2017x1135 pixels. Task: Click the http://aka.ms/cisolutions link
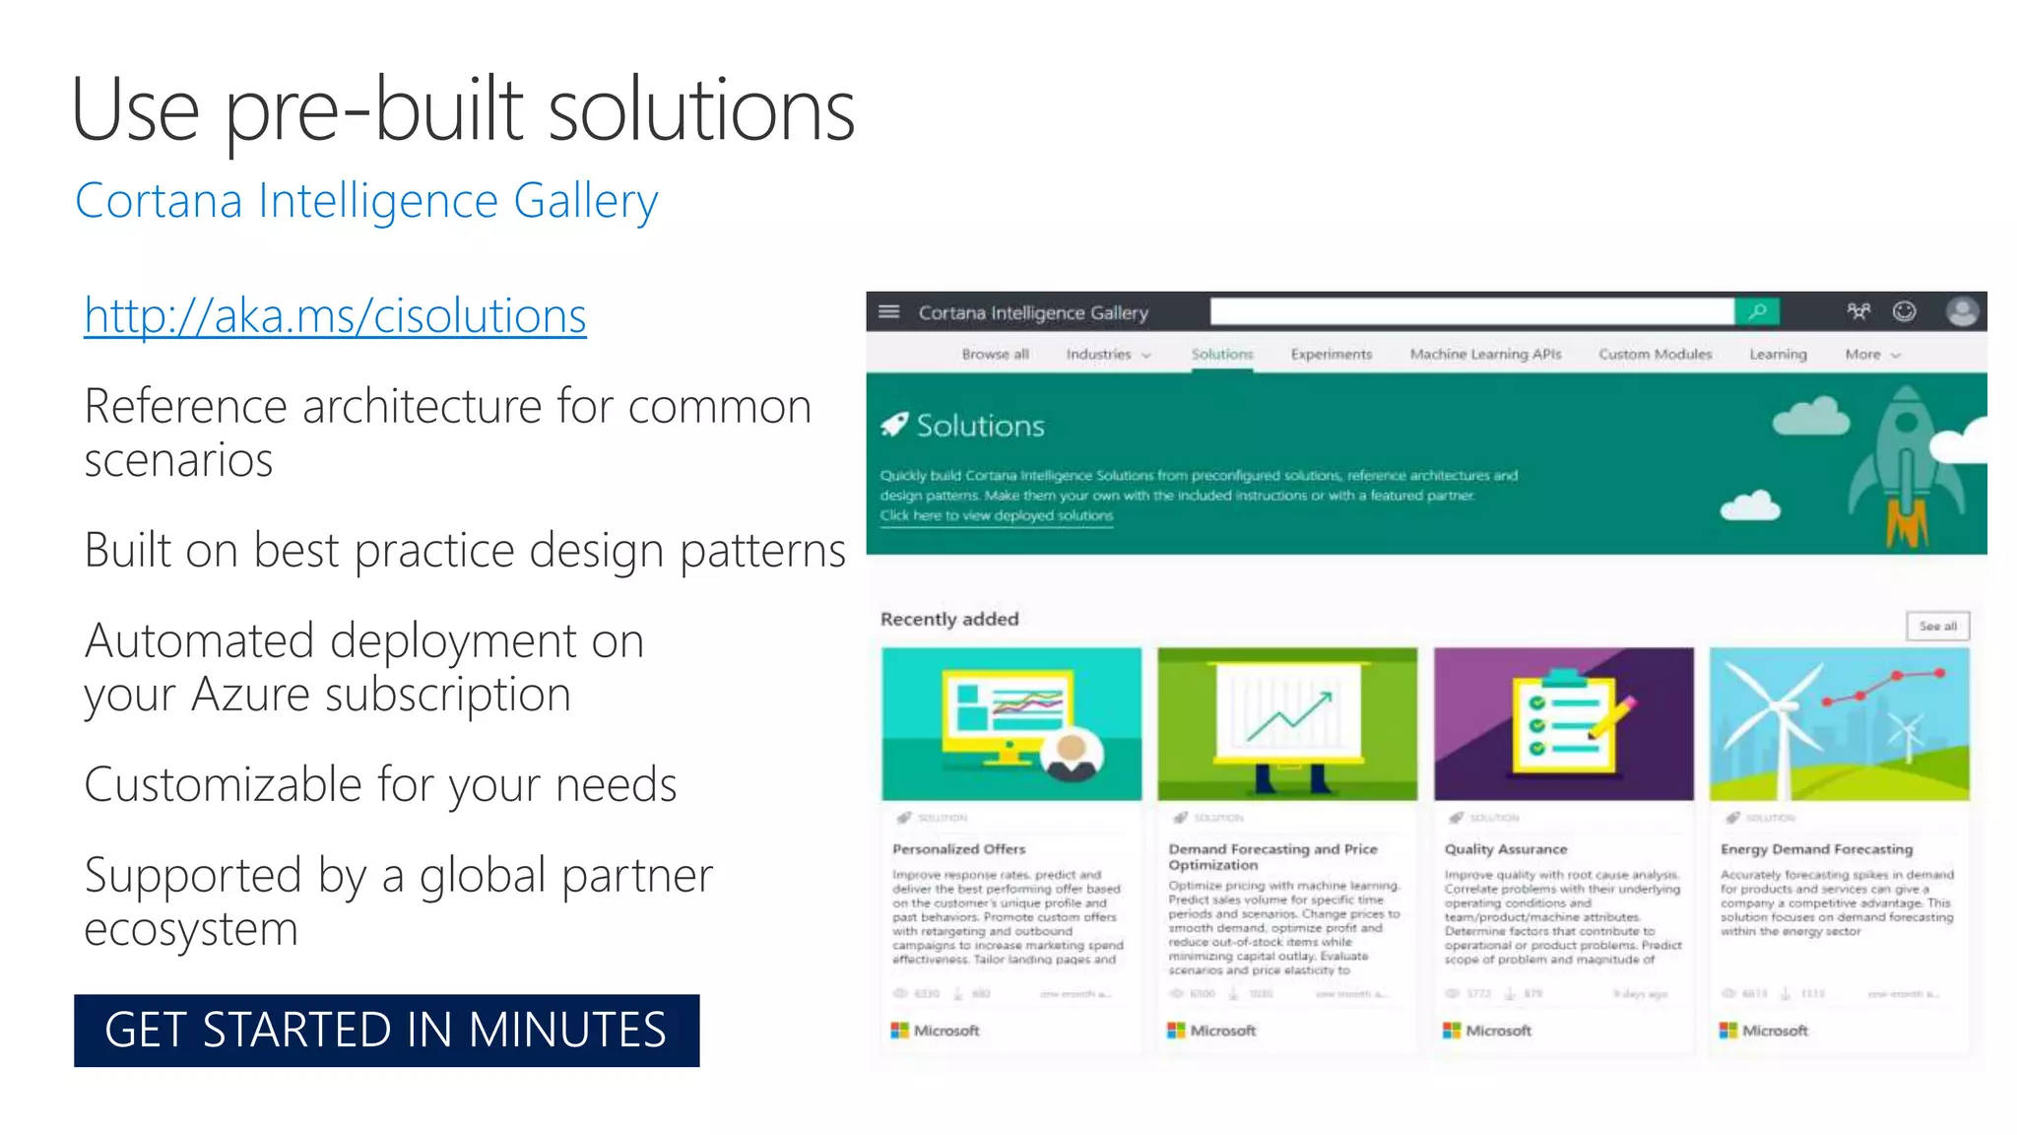click(335, 316)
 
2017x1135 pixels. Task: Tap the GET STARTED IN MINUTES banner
click(386, 1031)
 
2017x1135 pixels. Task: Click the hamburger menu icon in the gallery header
click(888, 312)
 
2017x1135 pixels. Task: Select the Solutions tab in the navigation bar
click(1221, 355)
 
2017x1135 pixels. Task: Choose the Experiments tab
click(1331, 355)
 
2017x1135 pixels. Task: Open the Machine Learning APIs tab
click(1485, 355)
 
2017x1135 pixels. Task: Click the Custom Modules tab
click(1655, 355)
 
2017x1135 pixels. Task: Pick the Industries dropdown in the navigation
click(1107, 355)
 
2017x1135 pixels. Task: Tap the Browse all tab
click(995, 355)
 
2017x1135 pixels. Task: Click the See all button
click(1937, 627)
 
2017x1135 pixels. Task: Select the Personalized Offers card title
click(958, 849)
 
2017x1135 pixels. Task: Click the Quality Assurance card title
click(1505, 849)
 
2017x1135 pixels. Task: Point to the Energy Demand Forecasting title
click(1816, 849)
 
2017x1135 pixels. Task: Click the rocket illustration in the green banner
click(1907, 463)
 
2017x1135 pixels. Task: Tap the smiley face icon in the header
click(1905, 312)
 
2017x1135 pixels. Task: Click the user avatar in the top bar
click(1962, 312)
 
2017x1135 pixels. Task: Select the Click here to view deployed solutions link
click(996, 516)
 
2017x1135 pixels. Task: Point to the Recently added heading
click(949, 620)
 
